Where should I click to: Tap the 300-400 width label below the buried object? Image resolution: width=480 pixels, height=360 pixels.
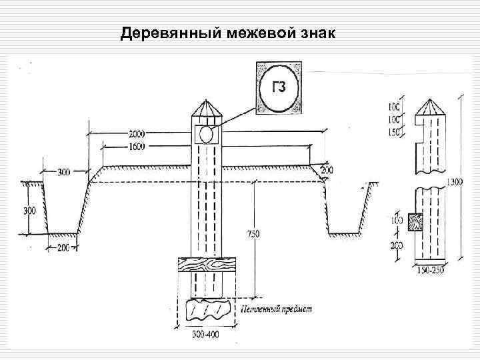point(206,333)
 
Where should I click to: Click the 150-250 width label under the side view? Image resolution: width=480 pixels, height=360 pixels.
point(427,269)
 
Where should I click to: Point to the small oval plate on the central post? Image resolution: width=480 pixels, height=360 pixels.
point(207,135)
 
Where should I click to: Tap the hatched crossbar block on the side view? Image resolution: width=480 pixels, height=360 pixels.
point(415,221)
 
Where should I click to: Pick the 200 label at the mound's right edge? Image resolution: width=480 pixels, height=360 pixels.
point(327,171)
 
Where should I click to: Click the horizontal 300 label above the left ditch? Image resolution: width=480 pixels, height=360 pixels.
point(63,172)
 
